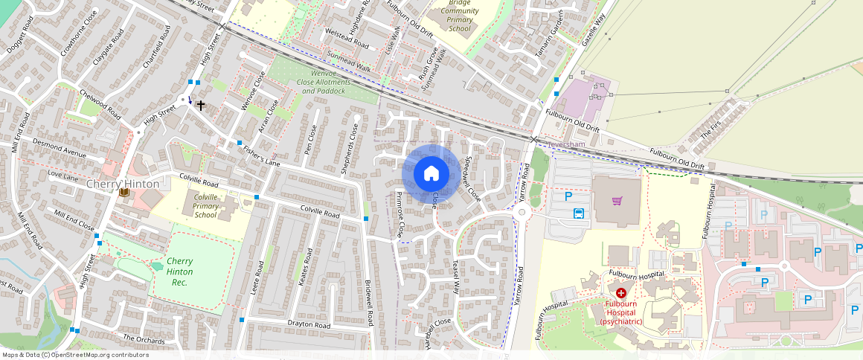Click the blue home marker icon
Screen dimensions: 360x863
pos(431,174)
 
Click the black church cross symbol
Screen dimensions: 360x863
pos(200,106)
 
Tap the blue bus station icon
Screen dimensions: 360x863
pos(579,213)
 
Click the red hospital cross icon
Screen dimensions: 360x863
pos(620,294)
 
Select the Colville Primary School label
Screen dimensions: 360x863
pos(206,206)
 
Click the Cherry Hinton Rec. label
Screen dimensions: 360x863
pos(179,271)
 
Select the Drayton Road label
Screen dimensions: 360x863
pos(309,325)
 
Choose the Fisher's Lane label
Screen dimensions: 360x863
pos(260,153)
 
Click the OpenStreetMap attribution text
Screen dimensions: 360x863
pos(75,355)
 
